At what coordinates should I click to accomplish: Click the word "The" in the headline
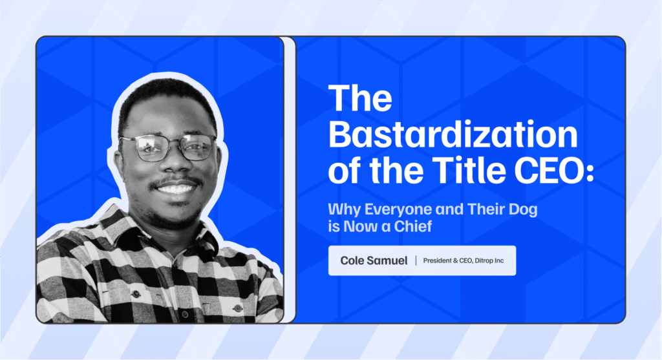point(360,98)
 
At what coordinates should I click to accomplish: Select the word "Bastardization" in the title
point(453,134)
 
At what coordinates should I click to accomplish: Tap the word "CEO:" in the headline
point(554,171)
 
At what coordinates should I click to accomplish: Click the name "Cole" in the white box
point(352,261)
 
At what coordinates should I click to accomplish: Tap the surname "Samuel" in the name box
point(387,261)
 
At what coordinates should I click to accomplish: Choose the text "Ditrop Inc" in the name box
point(489,261)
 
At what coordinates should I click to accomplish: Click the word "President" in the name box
point(438,261)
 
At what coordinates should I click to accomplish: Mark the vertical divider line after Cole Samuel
point(416,261)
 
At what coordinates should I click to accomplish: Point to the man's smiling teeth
point(176,188)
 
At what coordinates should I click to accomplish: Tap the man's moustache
point(176,180)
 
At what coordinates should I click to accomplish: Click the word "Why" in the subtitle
point(344,210)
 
